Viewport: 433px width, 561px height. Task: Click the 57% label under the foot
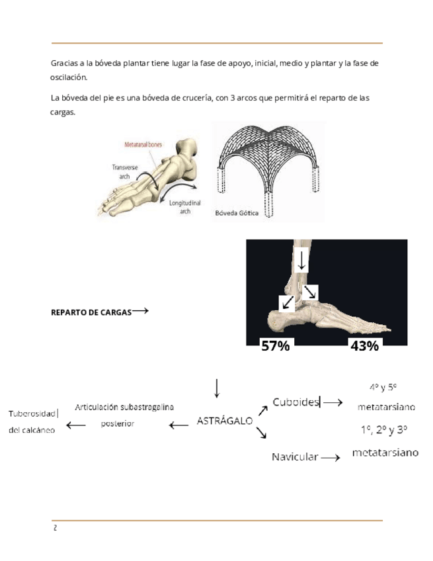click(x=276, y=345)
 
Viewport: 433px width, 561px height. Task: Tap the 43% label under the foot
click(x=364, y=345)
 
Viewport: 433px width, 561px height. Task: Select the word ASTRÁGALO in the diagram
click(x=225, y=420)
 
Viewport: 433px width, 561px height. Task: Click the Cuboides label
click(x=296, y=402)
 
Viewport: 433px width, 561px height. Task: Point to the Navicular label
click(x=295, y=456)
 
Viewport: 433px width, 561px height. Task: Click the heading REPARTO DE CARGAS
click(x=91, y=312)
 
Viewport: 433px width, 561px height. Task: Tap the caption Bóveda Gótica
click(x=236, y=213)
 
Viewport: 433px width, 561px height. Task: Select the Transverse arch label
click(x=125, y=172)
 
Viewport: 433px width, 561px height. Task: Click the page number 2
click(x=55, y=528)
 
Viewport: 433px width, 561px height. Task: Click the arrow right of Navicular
click(x=331, y=456)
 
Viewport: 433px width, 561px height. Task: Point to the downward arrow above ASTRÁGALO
click(x=217, y=388)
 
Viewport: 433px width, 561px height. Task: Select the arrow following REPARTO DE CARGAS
click(x=139, y=310)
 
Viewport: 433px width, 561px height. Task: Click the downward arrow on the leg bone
click(x=301, y=259)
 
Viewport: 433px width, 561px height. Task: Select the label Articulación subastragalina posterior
click(x=124, y=415)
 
